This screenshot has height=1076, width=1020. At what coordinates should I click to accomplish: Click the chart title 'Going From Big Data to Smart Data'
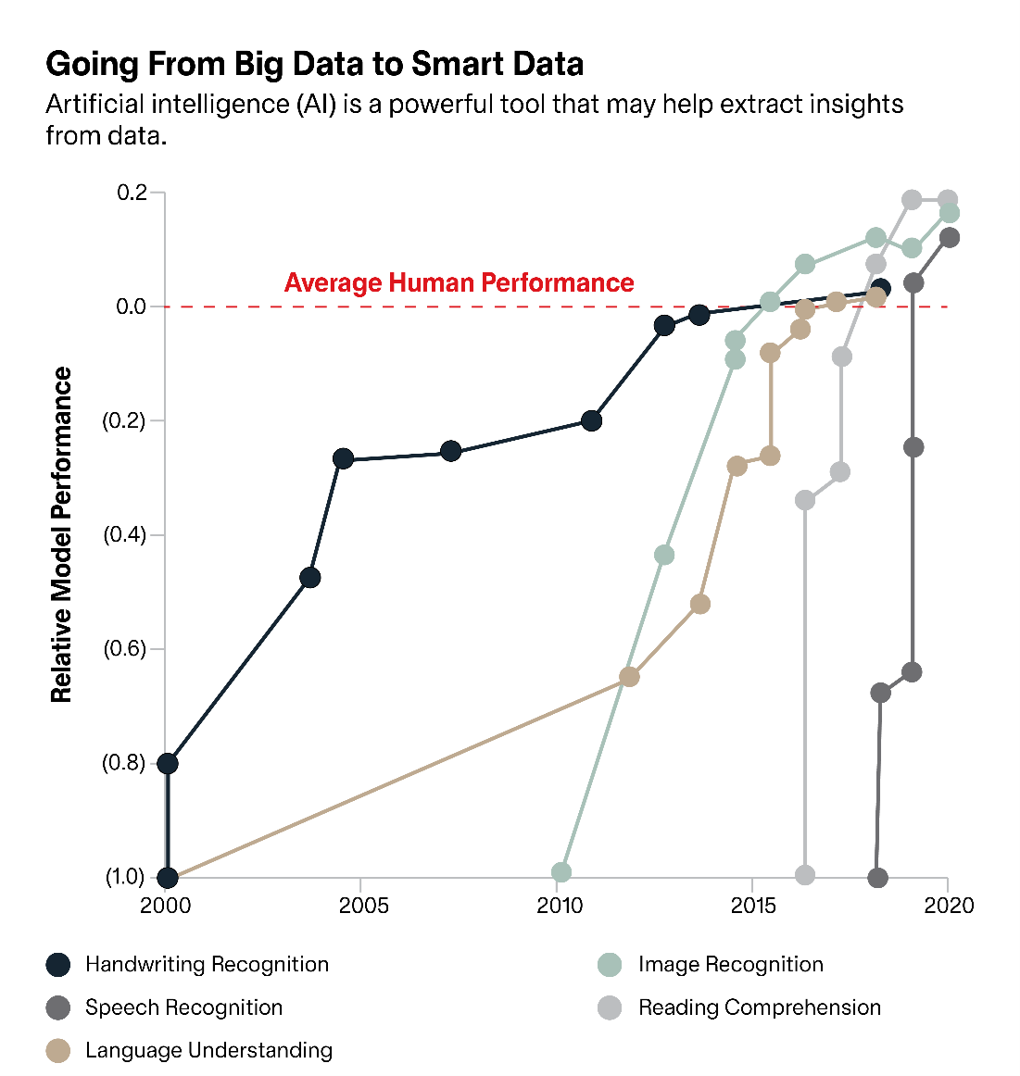point(314,64)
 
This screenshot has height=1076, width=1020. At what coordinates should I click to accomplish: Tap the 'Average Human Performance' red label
point(459,282)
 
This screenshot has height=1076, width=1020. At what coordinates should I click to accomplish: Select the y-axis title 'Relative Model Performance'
point(61,534)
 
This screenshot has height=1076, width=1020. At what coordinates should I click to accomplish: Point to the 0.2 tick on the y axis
point(132,193)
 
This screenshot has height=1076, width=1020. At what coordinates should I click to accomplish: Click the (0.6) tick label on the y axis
point(125,648)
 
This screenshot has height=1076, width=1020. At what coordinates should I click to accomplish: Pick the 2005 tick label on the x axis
point(363,905)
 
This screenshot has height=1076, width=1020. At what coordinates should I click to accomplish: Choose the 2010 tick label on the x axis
point(560,905)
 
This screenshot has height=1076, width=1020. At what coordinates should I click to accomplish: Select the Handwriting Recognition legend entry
point(206,964)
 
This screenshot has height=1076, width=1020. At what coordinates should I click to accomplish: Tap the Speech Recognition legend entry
point(183,1007)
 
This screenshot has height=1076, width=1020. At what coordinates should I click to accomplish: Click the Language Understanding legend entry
point(208,1050)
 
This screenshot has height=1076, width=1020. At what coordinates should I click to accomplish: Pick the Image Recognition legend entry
point(730,964)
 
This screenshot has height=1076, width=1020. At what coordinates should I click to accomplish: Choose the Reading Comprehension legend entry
point(759,1007)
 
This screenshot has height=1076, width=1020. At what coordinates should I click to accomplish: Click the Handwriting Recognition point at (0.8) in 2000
point(168,763)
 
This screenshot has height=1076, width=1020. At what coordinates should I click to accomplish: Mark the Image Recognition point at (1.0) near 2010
point(561,872)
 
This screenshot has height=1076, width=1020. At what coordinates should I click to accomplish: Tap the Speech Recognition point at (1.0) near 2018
point(878,877)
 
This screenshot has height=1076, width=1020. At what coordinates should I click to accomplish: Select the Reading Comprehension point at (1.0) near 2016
point(805,875)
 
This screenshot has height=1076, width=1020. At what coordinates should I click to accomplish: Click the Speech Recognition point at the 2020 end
point(950,238)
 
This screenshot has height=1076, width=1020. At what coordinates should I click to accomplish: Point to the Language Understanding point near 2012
point(629,677)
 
